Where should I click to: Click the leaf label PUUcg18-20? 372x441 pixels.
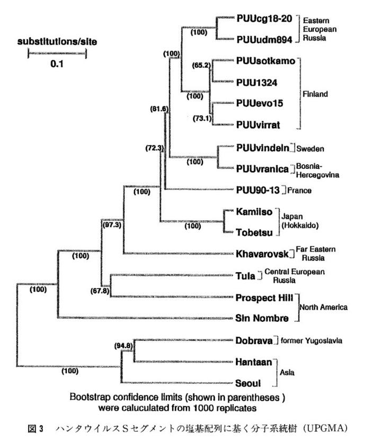click(x=263, y=19)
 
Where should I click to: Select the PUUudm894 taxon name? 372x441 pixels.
click(x=263, y=39)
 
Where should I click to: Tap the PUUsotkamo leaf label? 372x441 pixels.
click(x=265, y=61)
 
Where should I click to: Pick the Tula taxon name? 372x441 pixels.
click(x=245, y=275)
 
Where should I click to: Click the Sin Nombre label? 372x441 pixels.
click(x=262, y=318)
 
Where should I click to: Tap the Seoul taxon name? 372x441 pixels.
click(x=249, y=383)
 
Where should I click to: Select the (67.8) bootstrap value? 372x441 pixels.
click(x=101, y=290)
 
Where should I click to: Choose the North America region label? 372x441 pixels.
click(x=324, y=307)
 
